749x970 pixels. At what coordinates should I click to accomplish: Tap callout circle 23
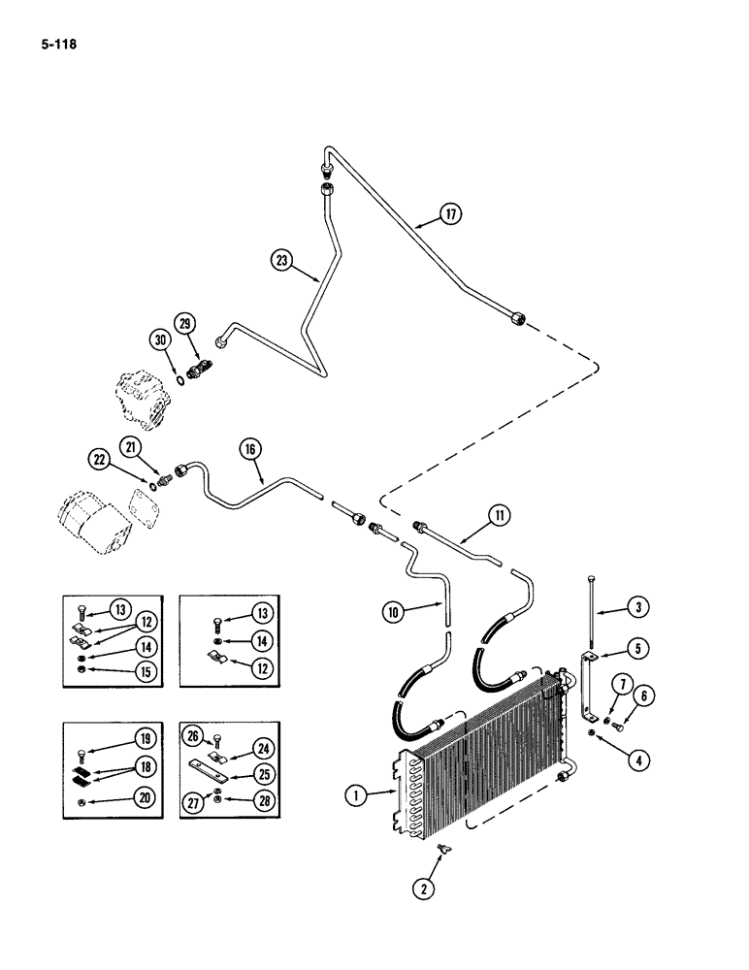(x=281, y=259)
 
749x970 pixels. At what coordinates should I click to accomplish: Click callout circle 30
(x=160, y=339)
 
